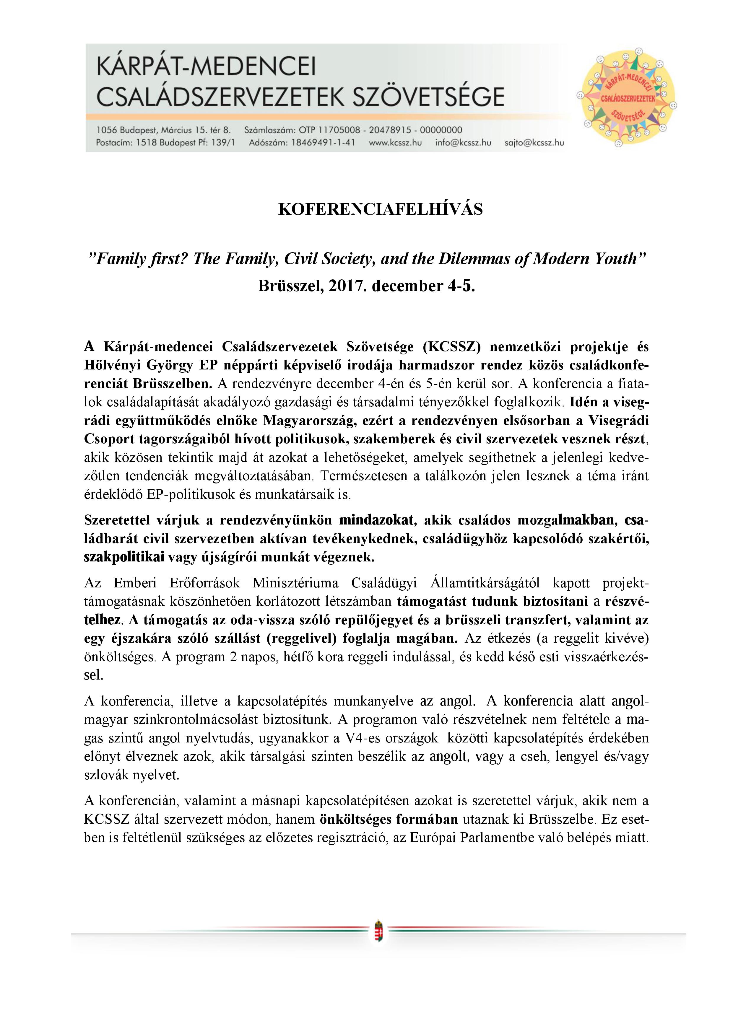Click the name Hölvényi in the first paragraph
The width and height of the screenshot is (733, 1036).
112,366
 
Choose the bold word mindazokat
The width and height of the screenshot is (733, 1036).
376,521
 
